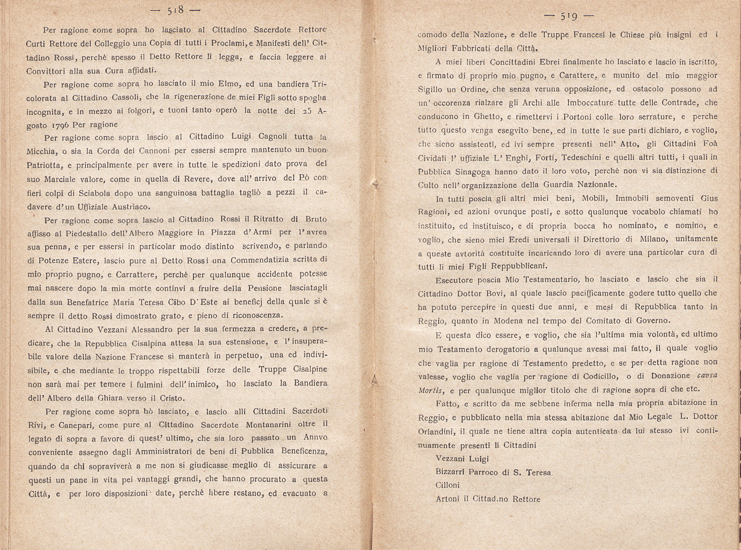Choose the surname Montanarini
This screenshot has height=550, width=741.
(273, 425)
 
